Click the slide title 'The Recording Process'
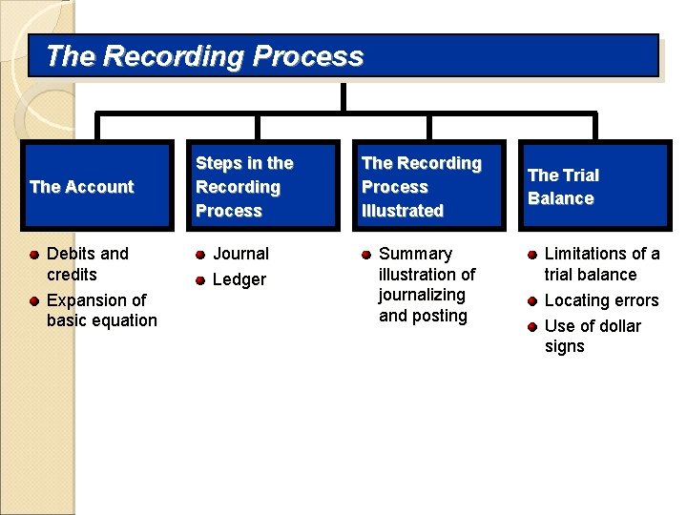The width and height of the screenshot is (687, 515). pos(204,56)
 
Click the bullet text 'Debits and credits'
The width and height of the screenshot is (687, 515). pos(87,264)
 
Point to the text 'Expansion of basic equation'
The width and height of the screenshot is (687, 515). pos(101,311)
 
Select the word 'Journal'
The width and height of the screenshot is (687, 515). pos(240,254)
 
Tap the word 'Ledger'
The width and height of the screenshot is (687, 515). pos(239,279)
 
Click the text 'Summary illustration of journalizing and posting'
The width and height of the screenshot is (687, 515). pos(427,284)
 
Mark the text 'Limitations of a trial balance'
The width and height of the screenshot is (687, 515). pos(601,264)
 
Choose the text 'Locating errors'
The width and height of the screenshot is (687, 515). pos(601,300)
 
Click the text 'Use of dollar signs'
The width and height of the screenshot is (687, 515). pos(592,336)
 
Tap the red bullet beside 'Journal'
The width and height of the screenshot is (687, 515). pos(200,255)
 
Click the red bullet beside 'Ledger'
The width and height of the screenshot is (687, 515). pos(200,280)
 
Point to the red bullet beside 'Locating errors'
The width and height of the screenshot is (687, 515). pos(531,301)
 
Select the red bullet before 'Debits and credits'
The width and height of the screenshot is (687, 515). pos(33,255)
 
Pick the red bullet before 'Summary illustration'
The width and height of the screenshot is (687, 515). pos(366,255)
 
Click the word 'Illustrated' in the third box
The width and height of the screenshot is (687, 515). pos(402,211)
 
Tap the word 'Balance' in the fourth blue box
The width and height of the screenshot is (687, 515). pos(561,198)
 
